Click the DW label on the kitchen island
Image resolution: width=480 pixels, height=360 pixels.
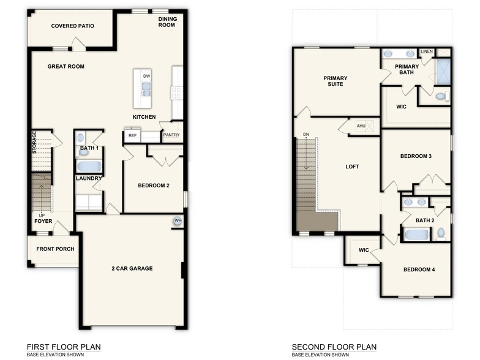pos(146,76)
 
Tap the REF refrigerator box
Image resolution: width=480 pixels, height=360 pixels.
pos(132,136)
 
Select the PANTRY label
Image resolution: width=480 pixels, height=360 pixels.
pos(171,136)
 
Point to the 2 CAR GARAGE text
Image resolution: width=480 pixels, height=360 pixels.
pos(132,268)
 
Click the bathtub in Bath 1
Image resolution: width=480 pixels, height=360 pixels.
pos(89,167)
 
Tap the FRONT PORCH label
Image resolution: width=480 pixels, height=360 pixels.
pos(55,249)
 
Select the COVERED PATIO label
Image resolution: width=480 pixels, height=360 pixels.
pos(72,26)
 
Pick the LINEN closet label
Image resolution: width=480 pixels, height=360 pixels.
pos(426,52)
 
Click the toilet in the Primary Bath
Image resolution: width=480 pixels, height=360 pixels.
pos(441,96)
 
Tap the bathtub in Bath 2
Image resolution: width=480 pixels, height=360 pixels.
pos(417,234)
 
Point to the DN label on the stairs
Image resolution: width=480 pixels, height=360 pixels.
pos(305,135)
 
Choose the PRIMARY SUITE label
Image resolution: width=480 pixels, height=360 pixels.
pos(336,81)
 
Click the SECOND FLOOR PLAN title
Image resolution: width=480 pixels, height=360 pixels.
pos(334,347)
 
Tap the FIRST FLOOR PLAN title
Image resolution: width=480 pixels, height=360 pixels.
pos(64,347)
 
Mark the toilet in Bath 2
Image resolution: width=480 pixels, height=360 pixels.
pos(441,233)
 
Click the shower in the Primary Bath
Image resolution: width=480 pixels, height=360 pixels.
pos(443,72)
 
